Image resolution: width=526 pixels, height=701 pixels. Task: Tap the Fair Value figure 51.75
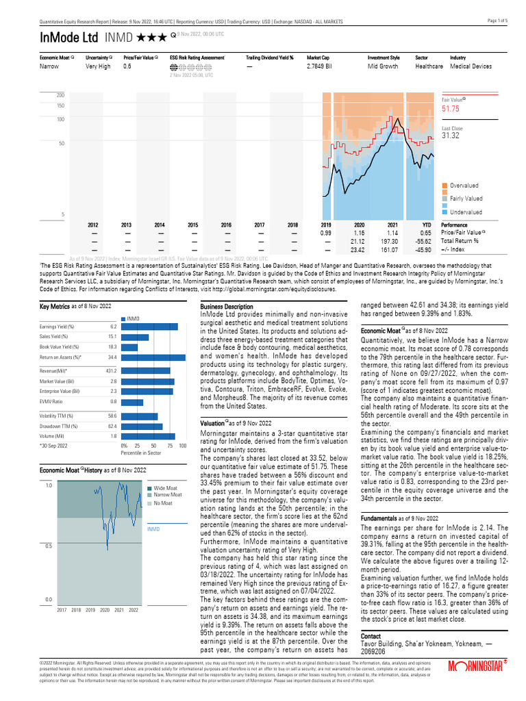[450, 109]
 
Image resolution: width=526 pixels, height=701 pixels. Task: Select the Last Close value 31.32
[450, 136]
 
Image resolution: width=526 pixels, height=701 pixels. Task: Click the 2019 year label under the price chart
[326, 225]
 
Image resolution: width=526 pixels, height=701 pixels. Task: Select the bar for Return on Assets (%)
[153, 357]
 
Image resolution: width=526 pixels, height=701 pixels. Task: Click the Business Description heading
[226, 307]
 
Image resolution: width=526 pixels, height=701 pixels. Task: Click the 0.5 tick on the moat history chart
[47, 546]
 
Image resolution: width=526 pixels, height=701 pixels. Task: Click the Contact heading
[371, 636]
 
